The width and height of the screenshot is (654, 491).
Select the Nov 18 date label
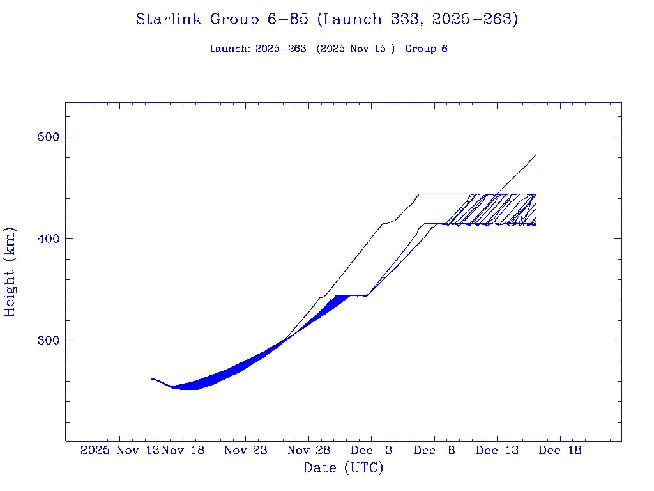[x=183, y=450]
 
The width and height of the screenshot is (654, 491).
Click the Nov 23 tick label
[x=246, y=450]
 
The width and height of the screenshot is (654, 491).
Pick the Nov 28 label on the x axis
[x=308, y=450]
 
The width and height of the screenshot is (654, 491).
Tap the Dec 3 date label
[x=371, y=450]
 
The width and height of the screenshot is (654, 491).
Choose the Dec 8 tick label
[x=434, y=450]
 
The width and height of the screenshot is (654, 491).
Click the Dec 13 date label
[x=497, y=450]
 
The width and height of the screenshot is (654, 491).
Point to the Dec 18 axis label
[x=560, y=450]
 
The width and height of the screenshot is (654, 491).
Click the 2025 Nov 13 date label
[x=119, y=450]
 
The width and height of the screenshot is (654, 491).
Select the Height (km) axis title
[x=10, y=272]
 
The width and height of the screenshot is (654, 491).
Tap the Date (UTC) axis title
[x=344, y=468]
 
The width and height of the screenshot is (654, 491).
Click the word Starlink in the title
[x=171, y=20]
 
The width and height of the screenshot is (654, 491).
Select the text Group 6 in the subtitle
[x=426, y=49]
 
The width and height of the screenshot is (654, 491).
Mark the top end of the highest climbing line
[x=536, y=155]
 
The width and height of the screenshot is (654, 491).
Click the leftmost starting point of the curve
[x=151, y=379]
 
